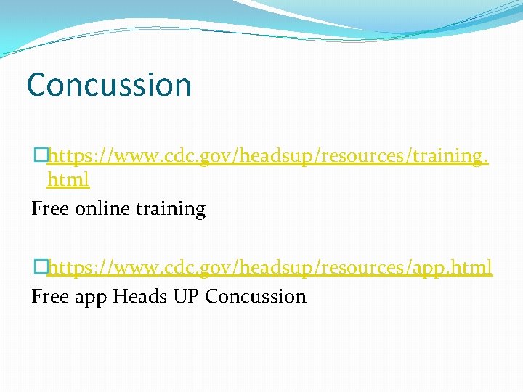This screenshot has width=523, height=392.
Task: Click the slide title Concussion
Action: pos(109,85)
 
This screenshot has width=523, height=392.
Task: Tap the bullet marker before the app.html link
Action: pos(40,267)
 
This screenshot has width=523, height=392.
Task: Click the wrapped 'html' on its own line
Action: pos(68,179)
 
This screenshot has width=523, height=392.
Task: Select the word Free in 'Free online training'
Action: pos(50,209)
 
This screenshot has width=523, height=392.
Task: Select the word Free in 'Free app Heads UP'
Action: pos(50,296)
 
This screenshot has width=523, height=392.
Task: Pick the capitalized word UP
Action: pos(186,296)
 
